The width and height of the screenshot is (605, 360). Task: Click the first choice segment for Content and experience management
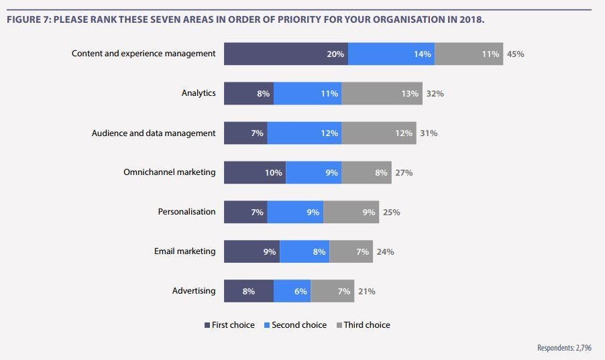pos(286,54)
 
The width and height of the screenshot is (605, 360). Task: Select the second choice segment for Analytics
pos(307,93)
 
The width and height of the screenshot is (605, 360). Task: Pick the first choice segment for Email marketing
pos(252,251)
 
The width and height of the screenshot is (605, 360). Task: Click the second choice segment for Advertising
pos(292,291)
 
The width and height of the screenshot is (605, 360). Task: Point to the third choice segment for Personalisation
pos(351,212)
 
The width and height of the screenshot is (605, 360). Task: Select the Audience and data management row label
pos(154,133)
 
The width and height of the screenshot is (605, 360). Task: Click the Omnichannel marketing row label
pos(170,172)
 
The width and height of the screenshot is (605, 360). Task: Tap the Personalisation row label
pos(186,212)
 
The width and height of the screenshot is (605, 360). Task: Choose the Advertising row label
pos(194,291)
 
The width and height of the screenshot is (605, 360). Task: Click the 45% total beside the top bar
pos(515,54)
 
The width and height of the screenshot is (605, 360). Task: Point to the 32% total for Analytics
pos(435,94)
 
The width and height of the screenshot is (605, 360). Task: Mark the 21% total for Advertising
pos(366,292)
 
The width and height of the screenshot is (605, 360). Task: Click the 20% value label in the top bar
pos(335,54)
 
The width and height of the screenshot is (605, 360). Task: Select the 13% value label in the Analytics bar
pos(410,94)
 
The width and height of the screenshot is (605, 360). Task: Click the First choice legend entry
pos(229,325)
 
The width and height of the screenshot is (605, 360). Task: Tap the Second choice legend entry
pos(295,325)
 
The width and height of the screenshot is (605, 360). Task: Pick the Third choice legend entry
pos(363,325)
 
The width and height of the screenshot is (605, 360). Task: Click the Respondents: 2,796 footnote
pos(565,347)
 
